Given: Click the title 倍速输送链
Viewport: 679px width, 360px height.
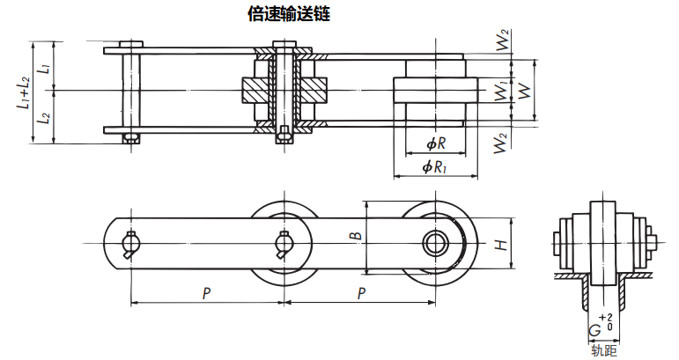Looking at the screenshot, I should [290, 15].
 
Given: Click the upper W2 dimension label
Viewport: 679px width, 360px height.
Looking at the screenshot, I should [503, 41].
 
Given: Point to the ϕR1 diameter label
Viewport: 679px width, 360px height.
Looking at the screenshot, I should [435, 165].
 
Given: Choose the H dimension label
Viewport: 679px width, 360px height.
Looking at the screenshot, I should [499, 244].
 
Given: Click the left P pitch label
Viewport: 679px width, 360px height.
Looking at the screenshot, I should [206, 292].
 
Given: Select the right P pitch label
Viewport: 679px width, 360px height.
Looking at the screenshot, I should [361, 292].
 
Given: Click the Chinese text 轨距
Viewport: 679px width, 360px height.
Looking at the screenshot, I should [604, 351].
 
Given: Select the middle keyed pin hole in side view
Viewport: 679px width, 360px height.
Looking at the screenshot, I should [284, 243].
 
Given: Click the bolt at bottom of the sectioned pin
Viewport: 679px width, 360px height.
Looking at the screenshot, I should [284, 136].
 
